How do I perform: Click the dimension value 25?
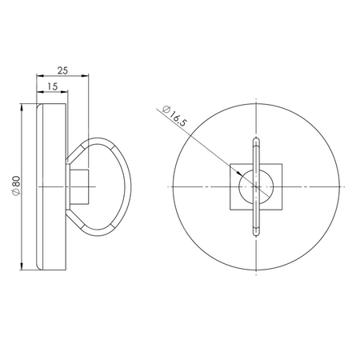point(62,71)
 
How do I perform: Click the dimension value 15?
point(52,86)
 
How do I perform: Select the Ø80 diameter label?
point(16,186)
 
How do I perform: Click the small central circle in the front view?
point(255,186)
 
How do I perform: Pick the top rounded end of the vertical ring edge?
point(255,139)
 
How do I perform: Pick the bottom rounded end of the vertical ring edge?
point(255,232)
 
